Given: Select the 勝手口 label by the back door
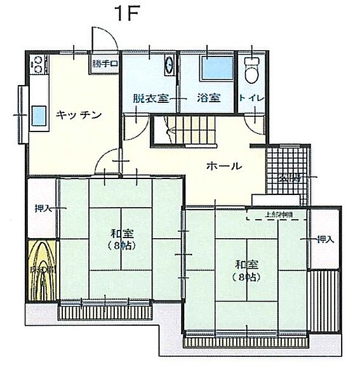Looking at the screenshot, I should point(105,64).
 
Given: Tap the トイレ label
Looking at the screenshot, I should point(252,99).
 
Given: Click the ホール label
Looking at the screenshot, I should point(223,166).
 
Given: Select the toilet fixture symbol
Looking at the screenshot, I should point(251,70).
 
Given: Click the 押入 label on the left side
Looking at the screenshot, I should point(43,208).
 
